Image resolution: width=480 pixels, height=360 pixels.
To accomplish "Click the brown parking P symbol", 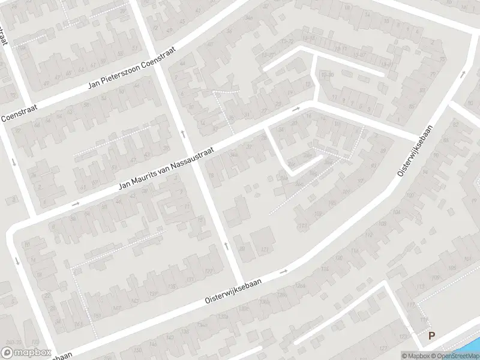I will pos(431,336).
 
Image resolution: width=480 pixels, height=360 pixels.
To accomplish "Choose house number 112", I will pos(410,305).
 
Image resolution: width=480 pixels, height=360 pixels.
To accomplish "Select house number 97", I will pos(359,181).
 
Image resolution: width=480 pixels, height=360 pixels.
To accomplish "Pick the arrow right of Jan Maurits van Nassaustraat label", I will pos(296,109).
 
